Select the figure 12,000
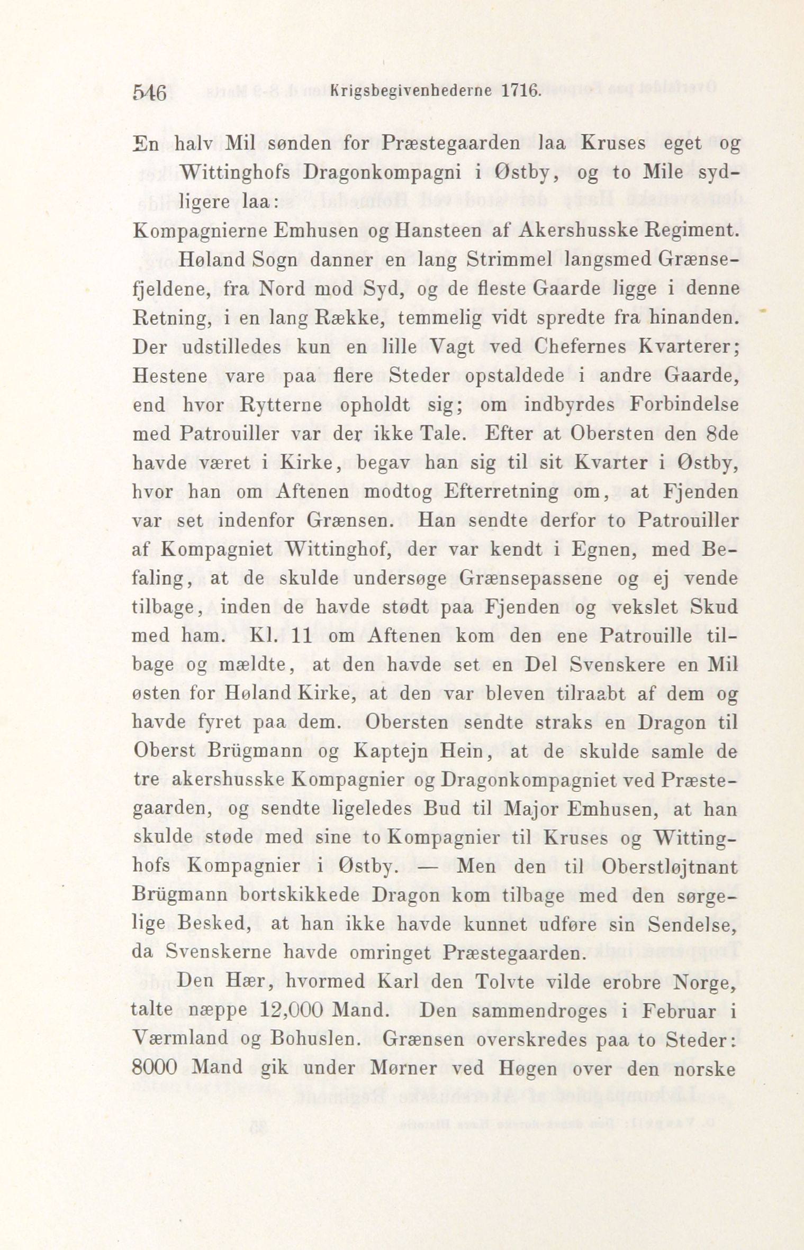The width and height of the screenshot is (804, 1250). click(293, 1011)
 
